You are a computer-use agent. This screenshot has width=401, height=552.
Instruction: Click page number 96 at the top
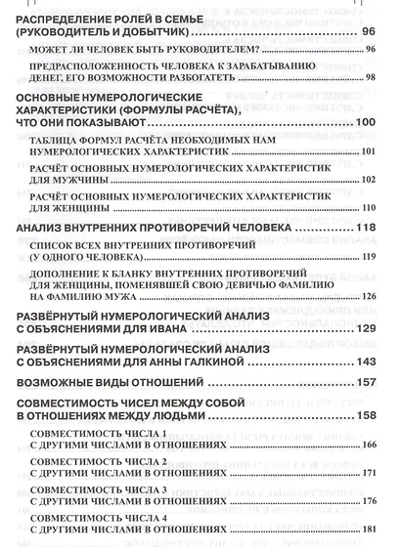pos(368,32)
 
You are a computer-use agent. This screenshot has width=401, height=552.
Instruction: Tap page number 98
pos(370,77)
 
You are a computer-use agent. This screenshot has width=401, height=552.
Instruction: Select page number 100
pos(365,121)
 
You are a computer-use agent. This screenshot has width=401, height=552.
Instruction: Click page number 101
pos(368,153)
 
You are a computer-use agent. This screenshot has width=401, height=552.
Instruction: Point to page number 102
pos(368,180)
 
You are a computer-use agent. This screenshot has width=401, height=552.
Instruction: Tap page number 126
pos(368,296)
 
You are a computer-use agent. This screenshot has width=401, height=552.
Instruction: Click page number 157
pos(365,382)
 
